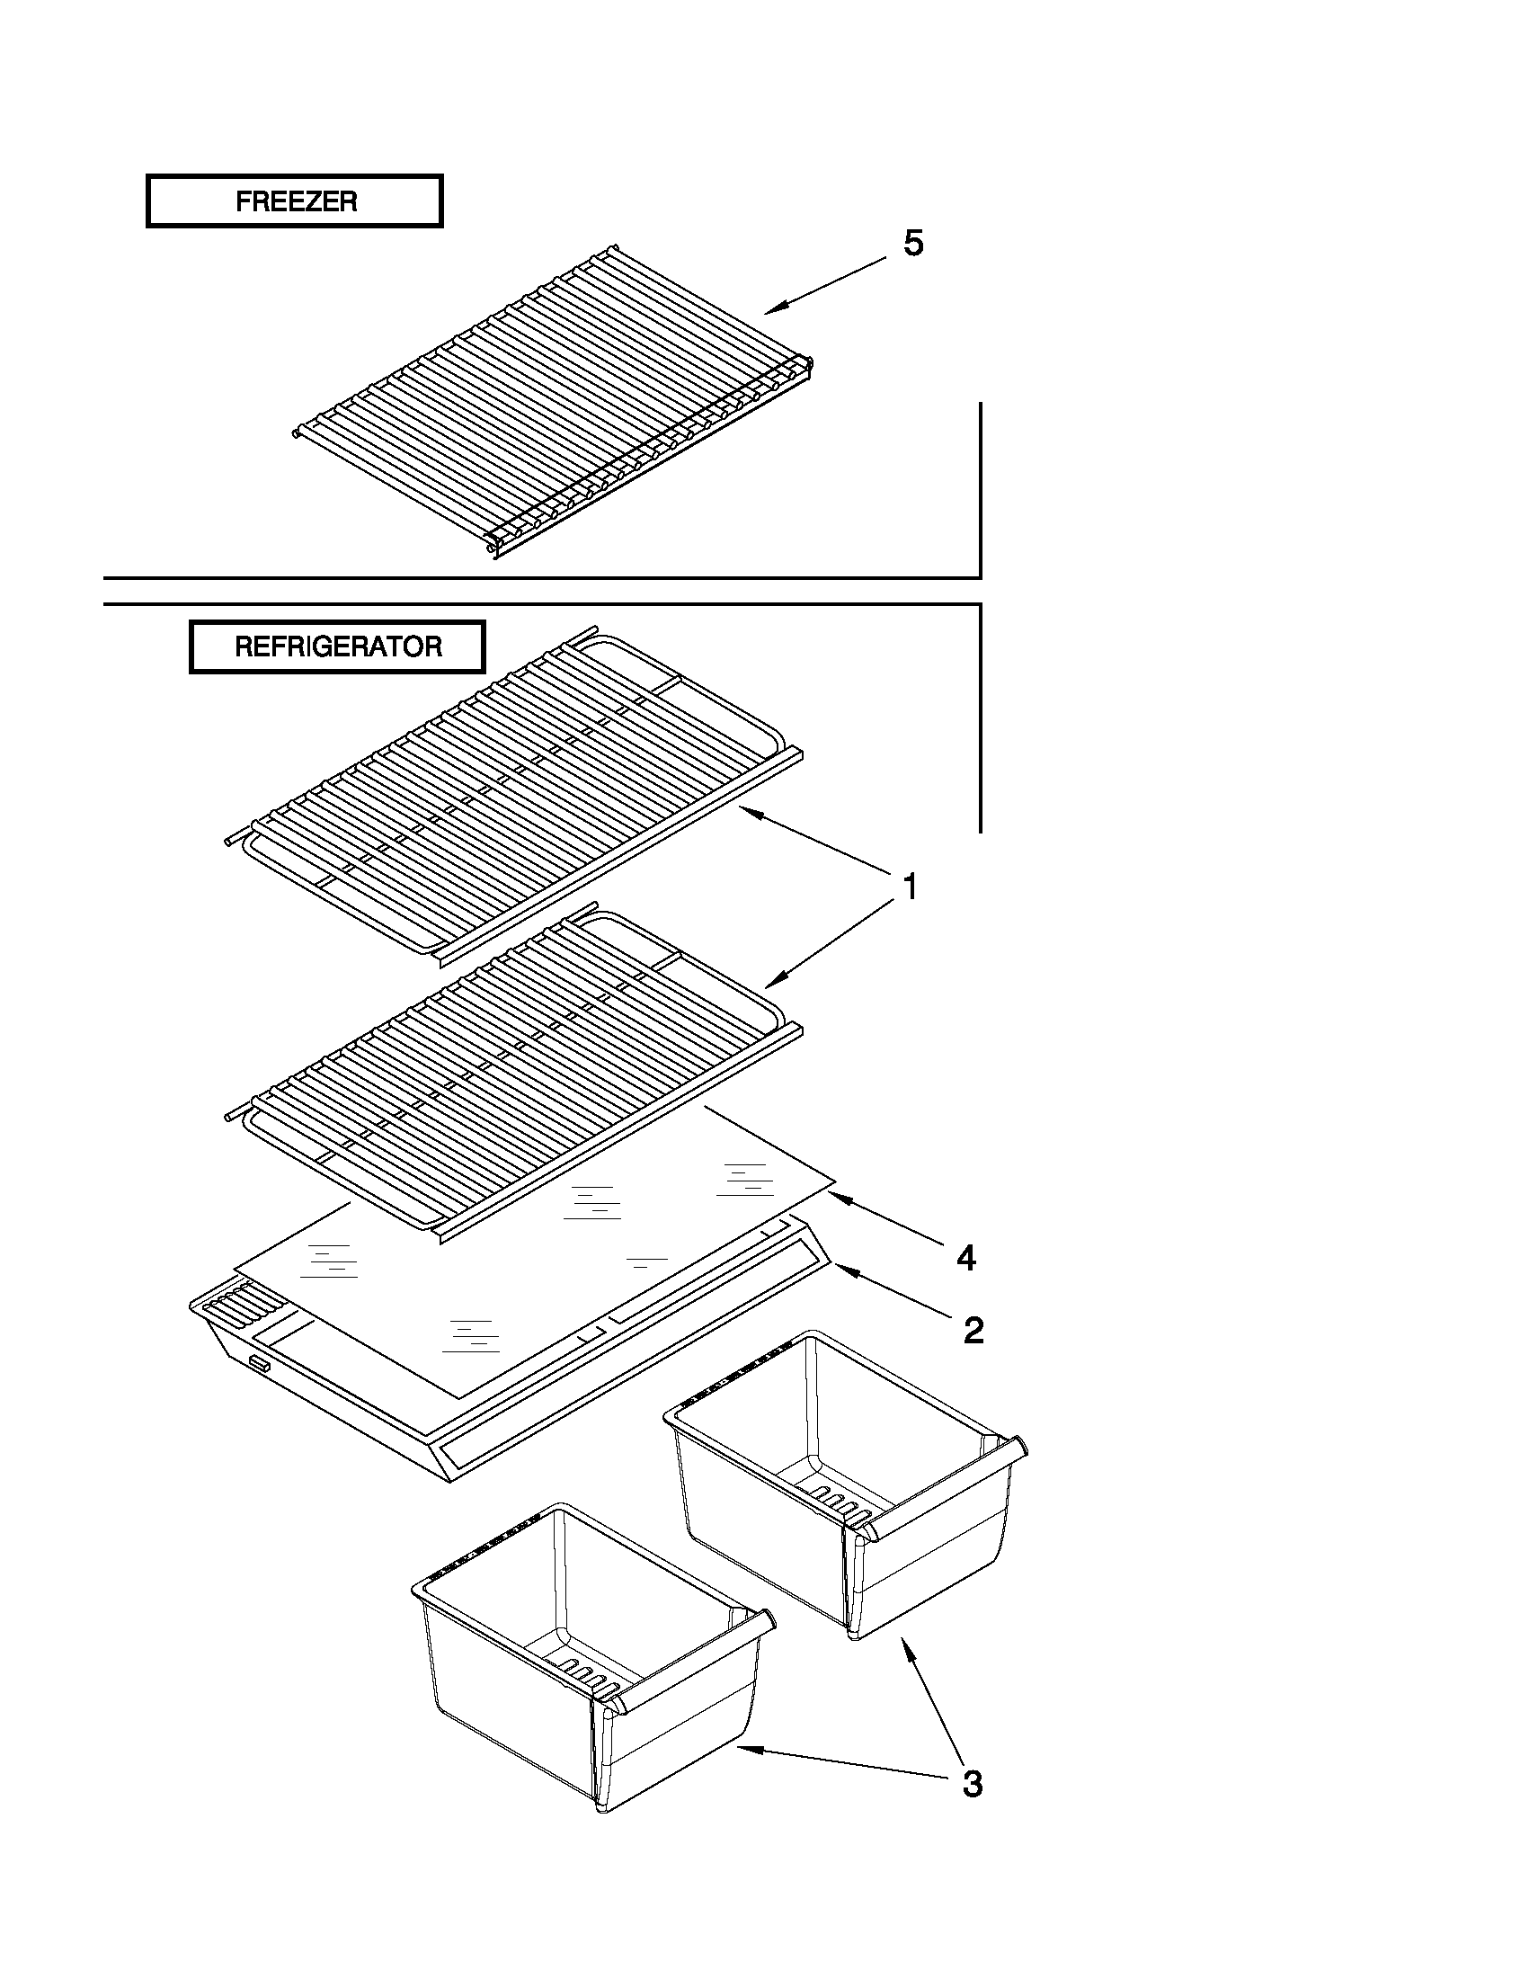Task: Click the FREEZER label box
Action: pos(295,201)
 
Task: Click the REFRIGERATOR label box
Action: pos(337,647)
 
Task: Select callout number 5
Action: pos(913,243)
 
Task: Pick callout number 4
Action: pos(965,1258)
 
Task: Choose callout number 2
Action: pos(973,1330)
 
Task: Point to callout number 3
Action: pos(971,1783)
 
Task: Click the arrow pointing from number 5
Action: pos(824,285)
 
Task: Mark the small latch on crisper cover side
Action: pos(260,1362)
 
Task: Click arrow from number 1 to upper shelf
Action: pos(815,838)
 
